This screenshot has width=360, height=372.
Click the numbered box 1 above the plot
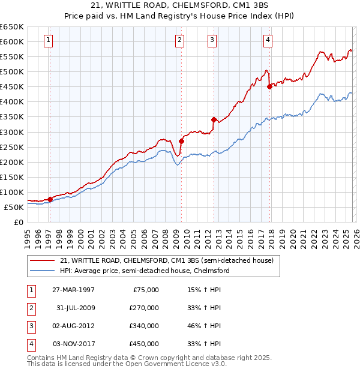[x=49, y=40]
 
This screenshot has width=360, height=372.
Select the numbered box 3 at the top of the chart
[x=212, y=40]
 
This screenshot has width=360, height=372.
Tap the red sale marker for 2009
[x=181, y=141]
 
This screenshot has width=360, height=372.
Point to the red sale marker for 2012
[x=213, y=119]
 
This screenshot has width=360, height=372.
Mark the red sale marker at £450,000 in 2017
[x=269, y=87]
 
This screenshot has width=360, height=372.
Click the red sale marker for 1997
[x=50, y=200]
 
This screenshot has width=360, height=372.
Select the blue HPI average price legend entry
[x=145, y=271]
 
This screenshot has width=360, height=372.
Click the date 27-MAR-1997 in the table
[x=73, y=290]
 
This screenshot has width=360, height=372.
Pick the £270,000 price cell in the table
[x=145, y=308]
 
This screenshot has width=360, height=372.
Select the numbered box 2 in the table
[x=30, y=308]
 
